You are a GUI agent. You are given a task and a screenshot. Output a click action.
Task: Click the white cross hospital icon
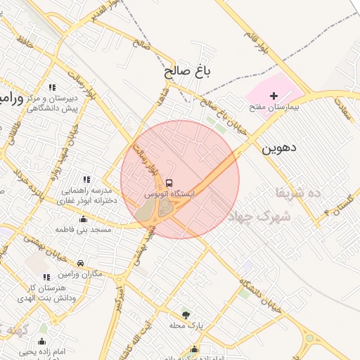click(x=274, y=95)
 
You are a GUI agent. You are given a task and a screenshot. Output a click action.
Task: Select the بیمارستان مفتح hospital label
click(x=275, y=108)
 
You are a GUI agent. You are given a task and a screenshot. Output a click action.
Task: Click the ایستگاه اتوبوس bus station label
click(x=169, y=192)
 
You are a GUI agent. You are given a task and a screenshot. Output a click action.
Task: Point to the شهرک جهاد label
click(x=259, y=217)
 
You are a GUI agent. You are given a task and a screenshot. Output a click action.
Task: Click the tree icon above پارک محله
click(x=186, y=314)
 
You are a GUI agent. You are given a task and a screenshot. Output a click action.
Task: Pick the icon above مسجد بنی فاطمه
click(x=84, y=219)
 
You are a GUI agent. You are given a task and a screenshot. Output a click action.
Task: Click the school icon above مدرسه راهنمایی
click(x=86, y=180)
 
